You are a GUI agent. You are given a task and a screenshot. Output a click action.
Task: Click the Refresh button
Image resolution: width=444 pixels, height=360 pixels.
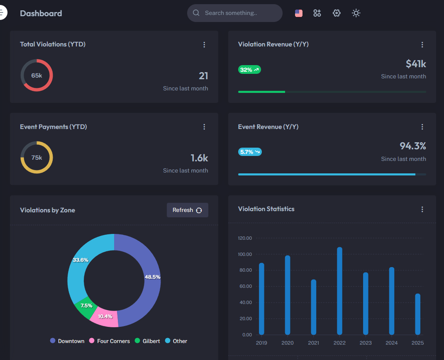tap(187, 210)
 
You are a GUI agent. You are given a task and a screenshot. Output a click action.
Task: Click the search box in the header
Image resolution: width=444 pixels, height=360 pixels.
tap(234, 13)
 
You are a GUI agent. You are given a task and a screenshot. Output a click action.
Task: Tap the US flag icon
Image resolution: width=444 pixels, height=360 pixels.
tap(299, 13)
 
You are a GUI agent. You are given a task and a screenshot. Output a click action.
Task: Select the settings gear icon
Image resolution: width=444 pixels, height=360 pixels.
tap(337, 13)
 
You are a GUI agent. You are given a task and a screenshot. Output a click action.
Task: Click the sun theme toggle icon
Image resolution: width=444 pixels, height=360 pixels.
tap(356, 13)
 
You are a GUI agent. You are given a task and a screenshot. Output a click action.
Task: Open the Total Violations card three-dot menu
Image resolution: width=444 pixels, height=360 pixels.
tap(204, 45)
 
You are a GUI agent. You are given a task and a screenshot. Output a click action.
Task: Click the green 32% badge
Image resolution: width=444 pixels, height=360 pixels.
tap(249, 70)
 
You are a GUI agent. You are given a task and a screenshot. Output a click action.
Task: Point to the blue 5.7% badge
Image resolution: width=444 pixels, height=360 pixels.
tap(250, 152)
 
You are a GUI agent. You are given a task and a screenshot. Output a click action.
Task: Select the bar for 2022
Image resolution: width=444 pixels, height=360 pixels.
tap(339, 290)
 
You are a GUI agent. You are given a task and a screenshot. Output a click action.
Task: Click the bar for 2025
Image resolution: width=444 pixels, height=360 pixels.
tap(417, 314)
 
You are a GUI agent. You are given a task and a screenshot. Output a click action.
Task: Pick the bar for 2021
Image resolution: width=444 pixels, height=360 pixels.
tap(313, 307)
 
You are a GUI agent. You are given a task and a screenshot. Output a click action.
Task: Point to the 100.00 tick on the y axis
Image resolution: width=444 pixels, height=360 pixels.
tap(245, 254)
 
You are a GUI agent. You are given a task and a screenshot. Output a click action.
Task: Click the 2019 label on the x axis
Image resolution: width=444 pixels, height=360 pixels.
tap(261, 343)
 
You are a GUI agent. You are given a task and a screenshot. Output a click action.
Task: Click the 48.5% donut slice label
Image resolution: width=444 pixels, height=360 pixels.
tap(152, 277)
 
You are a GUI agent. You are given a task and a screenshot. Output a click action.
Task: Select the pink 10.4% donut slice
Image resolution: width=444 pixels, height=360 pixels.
tap(105, 317)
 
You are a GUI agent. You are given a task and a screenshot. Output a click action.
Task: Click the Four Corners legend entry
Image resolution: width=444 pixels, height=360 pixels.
tap(110, 341)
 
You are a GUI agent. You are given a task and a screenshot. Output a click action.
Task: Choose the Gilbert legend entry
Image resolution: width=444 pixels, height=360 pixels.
tap(147, 341)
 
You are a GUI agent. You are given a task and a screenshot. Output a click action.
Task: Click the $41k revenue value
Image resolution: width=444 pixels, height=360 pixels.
tap(416, 64)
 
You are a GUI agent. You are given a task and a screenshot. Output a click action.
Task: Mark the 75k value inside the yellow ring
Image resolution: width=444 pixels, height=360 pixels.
tap(37, 158)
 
